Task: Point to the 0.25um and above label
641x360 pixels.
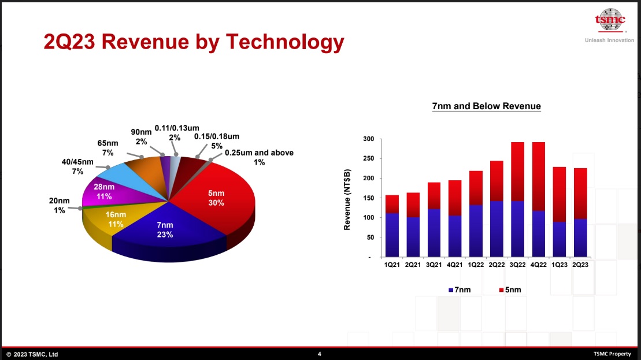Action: tap(258, 157)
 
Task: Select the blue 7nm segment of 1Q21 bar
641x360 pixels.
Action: tap(392, 235)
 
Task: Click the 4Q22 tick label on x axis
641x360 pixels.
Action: tap(538, 265)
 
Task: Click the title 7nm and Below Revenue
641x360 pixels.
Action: tap(486, 106)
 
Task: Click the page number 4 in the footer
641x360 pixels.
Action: tap(320, 354)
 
